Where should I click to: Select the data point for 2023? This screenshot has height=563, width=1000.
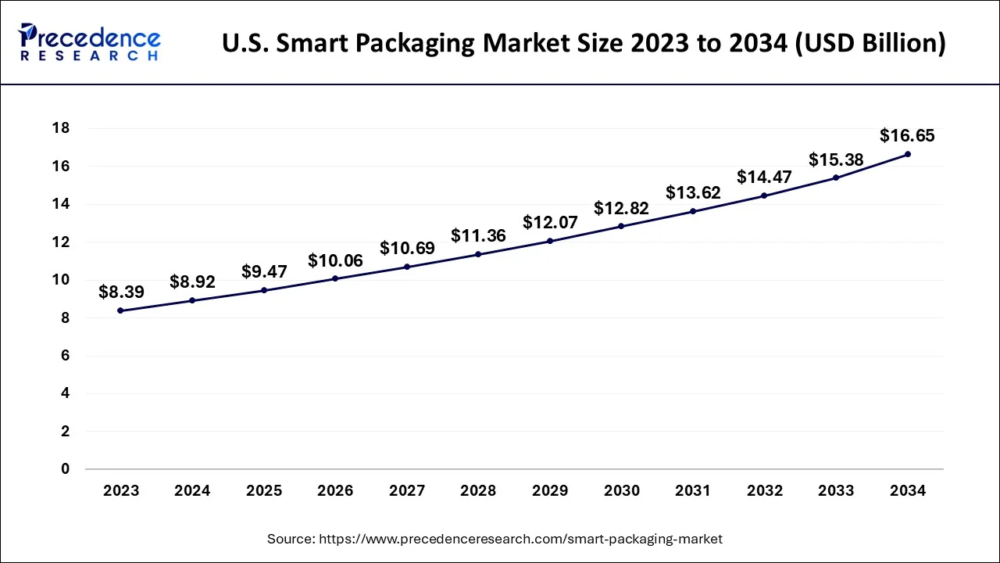tap(120, 310)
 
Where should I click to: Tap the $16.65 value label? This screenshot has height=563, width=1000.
tap(907, 135)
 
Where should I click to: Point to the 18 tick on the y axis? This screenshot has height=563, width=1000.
tap(61, 127)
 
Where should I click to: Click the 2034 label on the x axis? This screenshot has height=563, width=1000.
tap(907, 491)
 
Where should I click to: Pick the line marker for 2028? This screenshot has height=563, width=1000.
tap(478, 254)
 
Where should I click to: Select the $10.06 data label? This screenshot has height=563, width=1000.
tap(335, 260)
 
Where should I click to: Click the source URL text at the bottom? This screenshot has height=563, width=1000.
tap(495, 539)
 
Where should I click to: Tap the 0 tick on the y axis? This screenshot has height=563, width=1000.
tap(66, 469)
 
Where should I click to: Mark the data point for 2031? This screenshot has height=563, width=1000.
tap(693, 211)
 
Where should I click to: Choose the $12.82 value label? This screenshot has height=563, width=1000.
tap(621, 208)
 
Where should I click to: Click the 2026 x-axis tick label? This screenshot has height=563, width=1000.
tap(335, 491)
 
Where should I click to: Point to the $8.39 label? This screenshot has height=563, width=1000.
tap(120, 292)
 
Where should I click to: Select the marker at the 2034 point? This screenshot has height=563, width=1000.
tap(907, 154)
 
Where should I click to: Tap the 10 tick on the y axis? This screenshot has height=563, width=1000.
tap(61, 280)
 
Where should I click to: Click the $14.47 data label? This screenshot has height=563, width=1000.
tap(764, 177)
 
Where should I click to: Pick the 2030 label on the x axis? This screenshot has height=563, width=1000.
tap(621, 491)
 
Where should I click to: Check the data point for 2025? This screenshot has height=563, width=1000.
tap(264, 290)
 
